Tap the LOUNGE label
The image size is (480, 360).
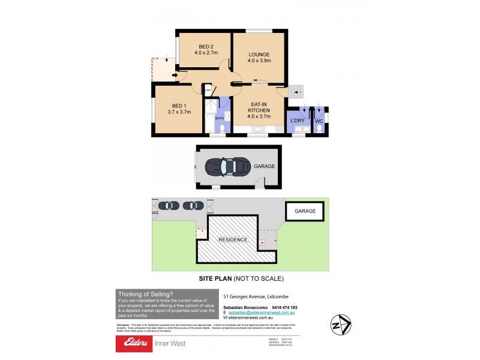[x=259, y=53]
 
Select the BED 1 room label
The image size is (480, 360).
[x=179, y=105]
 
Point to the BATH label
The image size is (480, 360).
[x=220, y=118]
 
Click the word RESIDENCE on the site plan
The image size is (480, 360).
[x=233, y=239]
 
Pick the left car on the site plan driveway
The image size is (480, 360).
[x=170, y=205]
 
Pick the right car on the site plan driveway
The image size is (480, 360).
[x=193, y=205]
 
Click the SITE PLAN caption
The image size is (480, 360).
[x=241, y=278]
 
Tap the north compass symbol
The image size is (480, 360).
[x=340, y=325]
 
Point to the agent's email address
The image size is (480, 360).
[x=262, y=313]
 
